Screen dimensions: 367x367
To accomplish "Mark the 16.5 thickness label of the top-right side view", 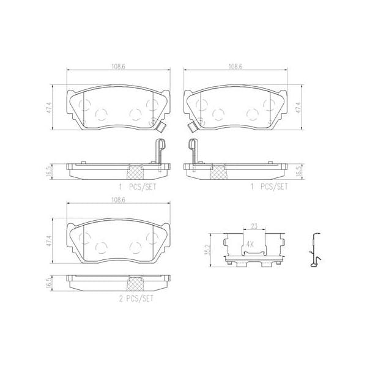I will [298, 170].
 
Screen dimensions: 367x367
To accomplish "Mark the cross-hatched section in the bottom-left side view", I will [136, 283].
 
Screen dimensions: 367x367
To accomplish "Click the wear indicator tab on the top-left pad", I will [161, 128].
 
